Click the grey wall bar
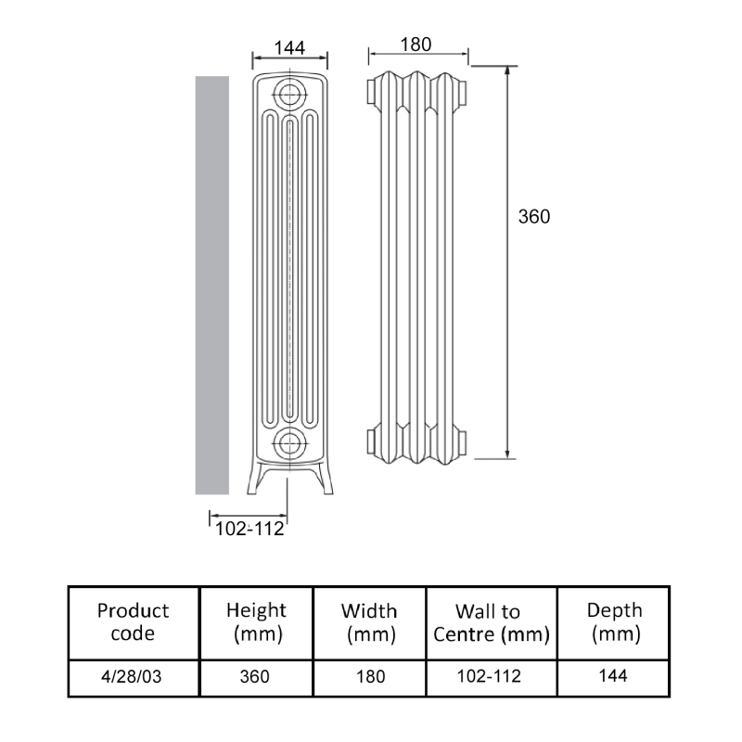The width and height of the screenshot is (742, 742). pos(211,285)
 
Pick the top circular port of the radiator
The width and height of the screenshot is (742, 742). pos(291,93)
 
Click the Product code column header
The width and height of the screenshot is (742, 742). pos(134,622)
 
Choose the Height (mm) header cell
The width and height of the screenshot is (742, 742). pos(256,622)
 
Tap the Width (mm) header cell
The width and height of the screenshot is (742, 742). pos(369,622)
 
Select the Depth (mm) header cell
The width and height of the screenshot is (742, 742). pos(613,622)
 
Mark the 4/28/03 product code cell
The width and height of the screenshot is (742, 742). pos(134,677)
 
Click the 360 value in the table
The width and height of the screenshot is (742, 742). pos(256,677)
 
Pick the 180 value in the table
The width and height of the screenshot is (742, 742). pos(369,677)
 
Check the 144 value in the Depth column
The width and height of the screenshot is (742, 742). pos(613,676)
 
